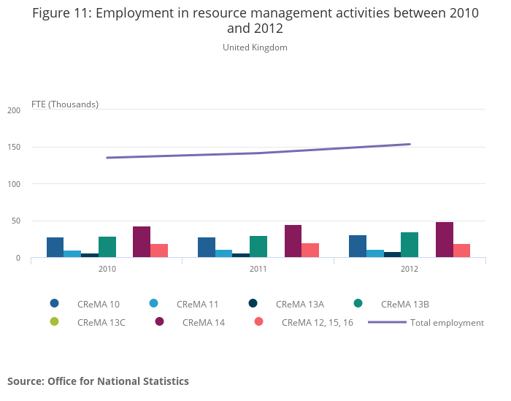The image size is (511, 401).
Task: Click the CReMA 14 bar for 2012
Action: click(445, 240)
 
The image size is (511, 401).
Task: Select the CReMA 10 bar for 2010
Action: click(55, 248)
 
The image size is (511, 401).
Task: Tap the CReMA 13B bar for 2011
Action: click(258, 247)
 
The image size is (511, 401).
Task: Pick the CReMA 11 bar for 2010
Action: click(72, 254)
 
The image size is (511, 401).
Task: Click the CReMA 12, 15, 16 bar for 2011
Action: click(310, 251)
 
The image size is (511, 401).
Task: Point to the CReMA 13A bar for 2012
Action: click(392, 255)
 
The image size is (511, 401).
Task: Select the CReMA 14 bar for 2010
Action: click(142, 242)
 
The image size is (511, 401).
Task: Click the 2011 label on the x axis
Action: click(258, 269)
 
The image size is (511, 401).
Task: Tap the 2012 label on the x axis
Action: click(410, 269)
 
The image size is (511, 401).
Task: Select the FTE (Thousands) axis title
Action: click(65, 104)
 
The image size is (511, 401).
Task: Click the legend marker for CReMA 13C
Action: click(55, 321)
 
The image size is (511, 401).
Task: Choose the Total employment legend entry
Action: click(426, 322)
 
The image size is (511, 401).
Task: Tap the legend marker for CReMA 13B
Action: click(358, 303)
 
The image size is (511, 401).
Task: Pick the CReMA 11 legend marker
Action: click(154, 303)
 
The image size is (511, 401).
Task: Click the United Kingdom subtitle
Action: click(255, 47)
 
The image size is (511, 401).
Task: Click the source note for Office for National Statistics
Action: click(98, 381)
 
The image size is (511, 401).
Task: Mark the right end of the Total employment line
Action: click(410, 144)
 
